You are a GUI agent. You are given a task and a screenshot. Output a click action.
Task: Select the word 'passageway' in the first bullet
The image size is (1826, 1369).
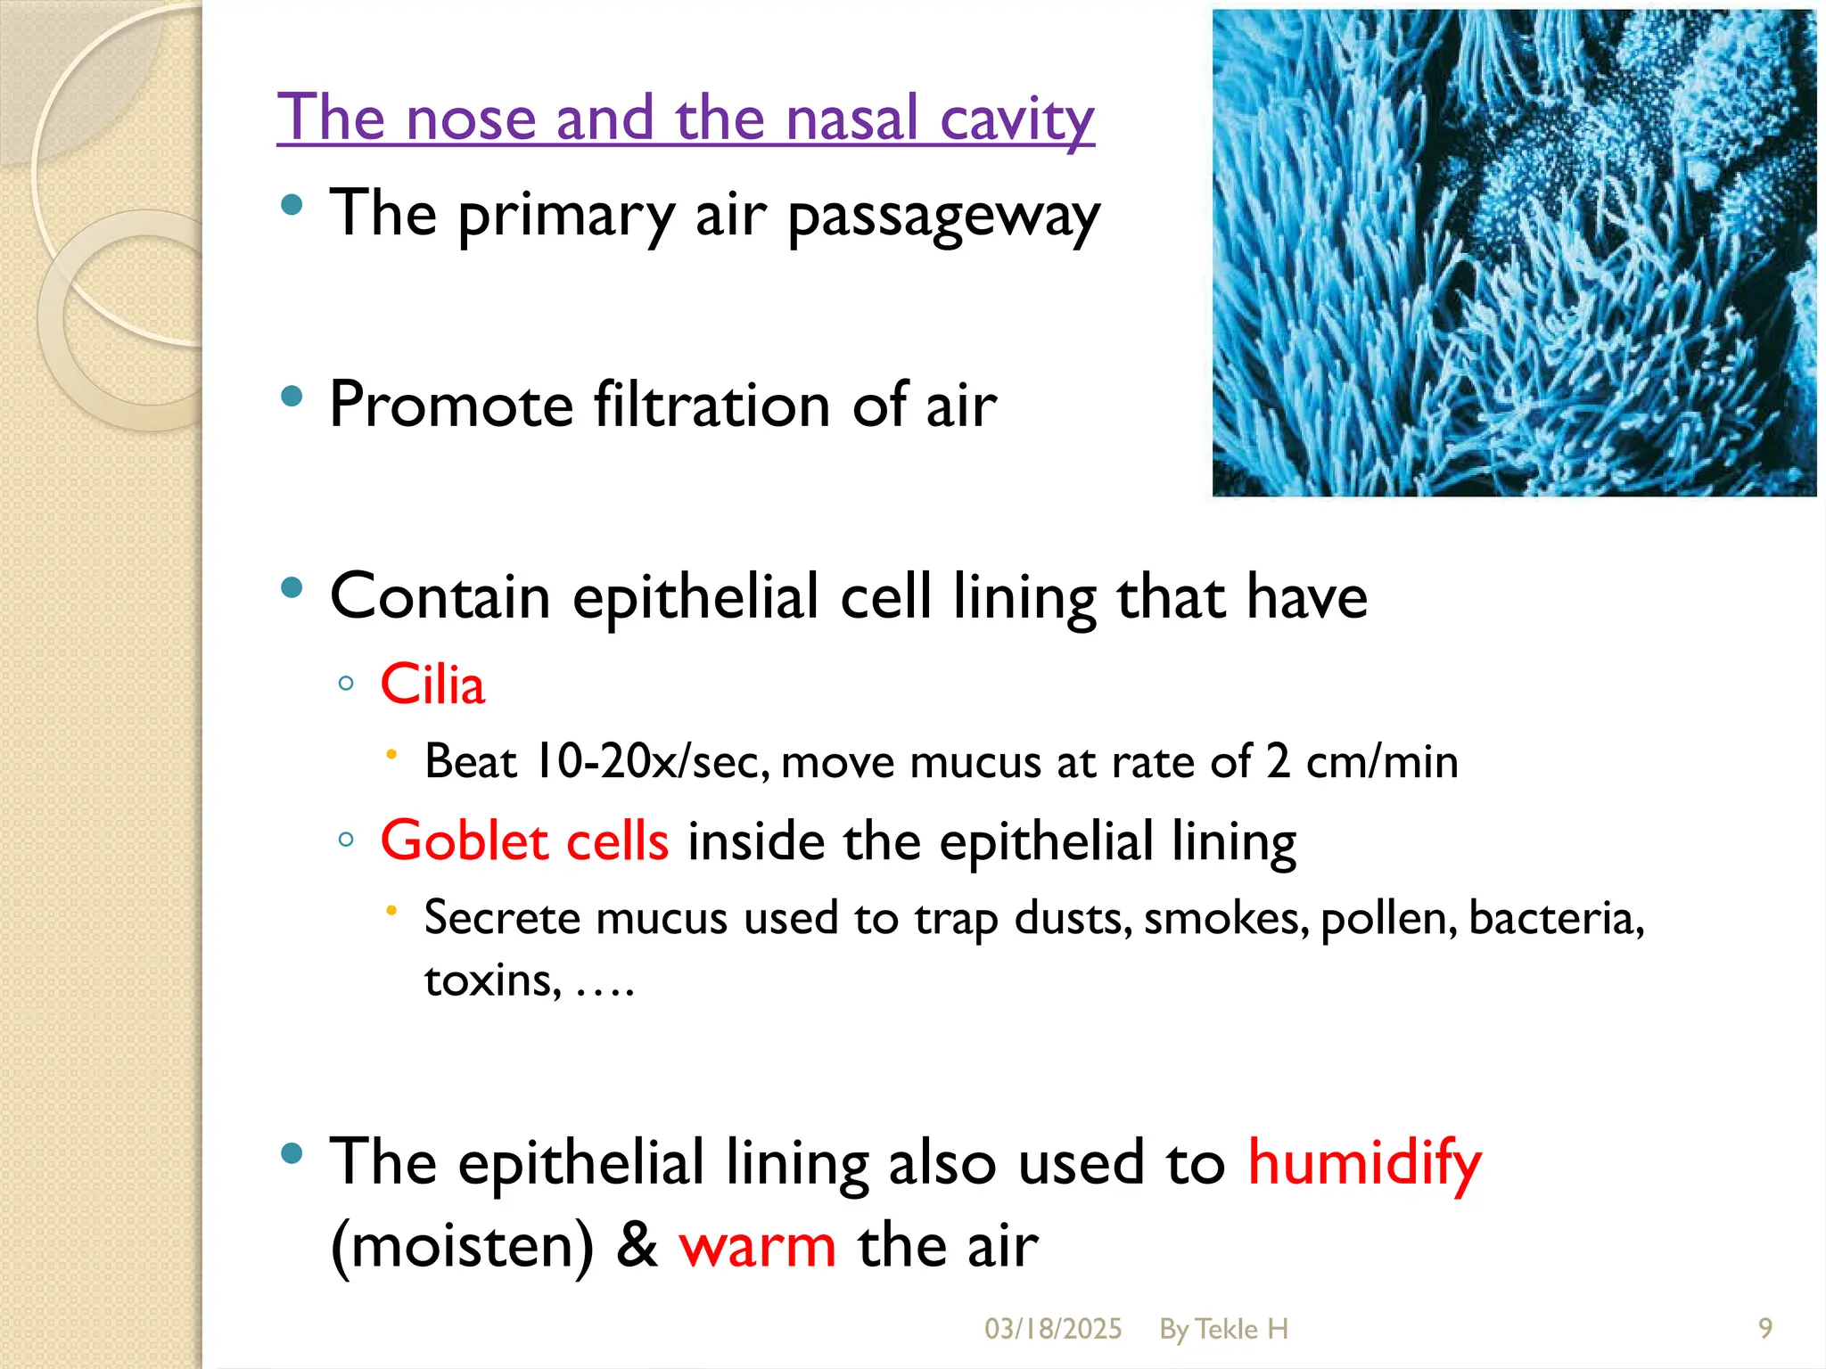pos(944,217)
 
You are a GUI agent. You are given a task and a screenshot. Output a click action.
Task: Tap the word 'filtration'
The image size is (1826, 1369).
pos(711,406)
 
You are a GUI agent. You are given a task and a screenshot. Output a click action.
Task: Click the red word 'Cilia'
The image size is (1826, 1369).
pos(432,685)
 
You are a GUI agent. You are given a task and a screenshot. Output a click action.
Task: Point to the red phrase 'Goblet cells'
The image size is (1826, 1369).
pos(524,841)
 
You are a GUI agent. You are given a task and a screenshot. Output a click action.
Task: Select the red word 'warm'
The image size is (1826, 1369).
pos(757,1246)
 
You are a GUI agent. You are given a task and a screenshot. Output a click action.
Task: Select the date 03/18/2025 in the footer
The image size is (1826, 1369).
pos(1052,1329)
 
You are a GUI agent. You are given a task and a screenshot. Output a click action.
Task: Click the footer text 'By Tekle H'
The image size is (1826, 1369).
pos(1223,1329)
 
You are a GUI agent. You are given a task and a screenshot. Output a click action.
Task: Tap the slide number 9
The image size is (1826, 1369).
pos(1764,1329)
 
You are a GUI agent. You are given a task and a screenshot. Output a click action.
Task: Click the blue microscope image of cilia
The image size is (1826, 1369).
pos(1513,253)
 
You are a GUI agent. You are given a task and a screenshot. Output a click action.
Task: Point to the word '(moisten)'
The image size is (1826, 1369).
pos(461,1246)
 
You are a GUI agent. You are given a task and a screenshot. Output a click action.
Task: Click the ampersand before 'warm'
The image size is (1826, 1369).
pos(636,1246)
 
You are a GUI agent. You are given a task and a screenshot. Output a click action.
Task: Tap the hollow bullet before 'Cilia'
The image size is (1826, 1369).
pos(347,684)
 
